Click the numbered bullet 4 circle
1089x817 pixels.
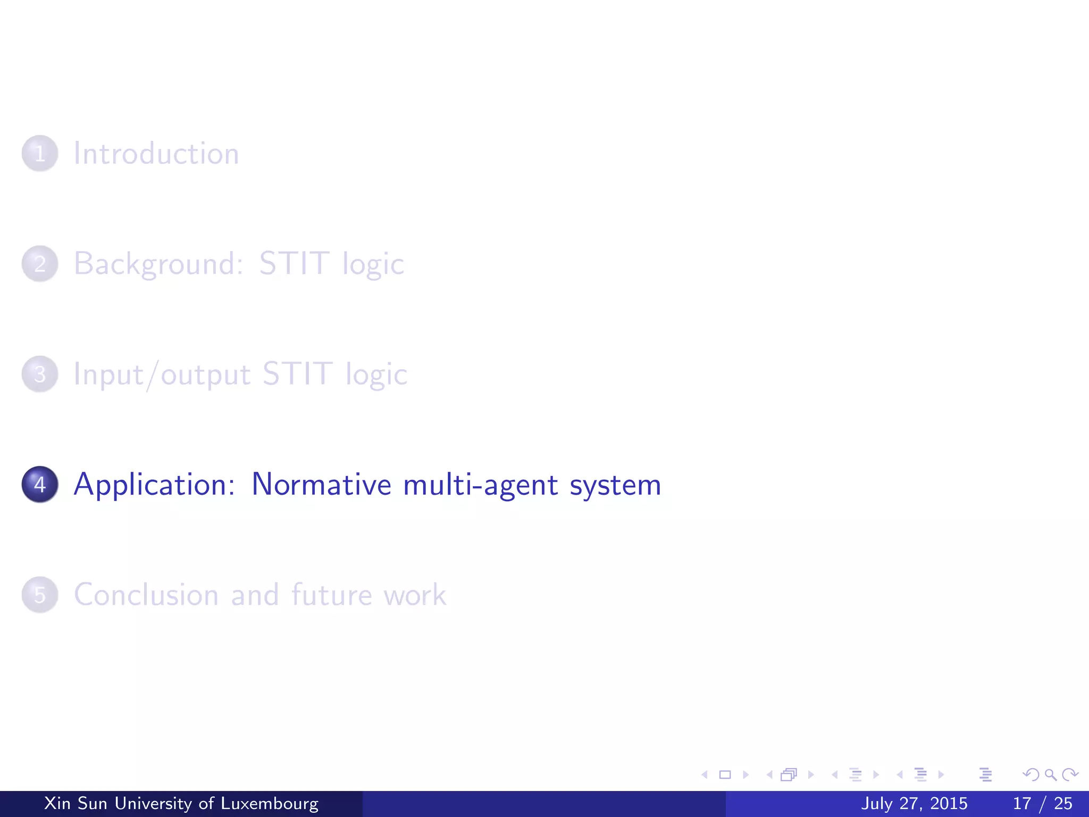(x=40, y=484)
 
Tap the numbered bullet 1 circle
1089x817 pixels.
(x=40, y=153)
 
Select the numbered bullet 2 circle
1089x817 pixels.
(x=40, y=263)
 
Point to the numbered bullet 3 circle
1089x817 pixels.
(x=40, y=374)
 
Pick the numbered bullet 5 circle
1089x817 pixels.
(x=40, y=594)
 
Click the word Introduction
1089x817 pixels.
(x=156, y=154)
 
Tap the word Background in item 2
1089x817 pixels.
(x=158, y=264)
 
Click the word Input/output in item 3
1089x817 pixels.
(x=162, y=374)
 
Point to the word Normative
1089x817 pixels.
(x=321, y=485)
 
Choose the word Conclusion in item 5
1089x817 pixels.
(x=146, y=595)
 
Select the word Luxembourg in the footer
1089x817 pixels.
(x=270, y=803)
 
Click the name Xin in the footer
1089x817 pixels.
(x=57, y=803)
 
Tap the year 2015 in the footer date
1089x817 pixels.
(x=949, y=803)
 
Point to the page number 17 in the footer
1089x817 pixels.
(x=1022, y=803)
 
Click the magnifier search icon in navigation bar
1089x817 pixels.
(x=1050, y=774)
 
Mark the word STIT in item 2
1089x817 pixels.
(x=294, y=264)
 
